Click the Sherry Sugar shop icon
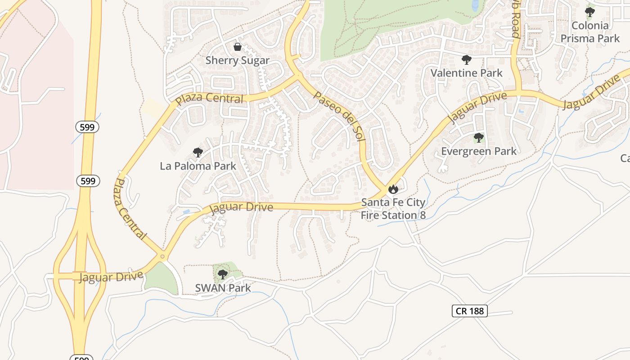pyautogui.click(x=238, y=47)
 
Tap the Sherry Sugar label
pyautogui.click(x=238, y=60)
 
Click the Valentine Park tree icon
pyautogui.click(x=467, y=59)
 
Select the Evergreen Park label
pyautogui.click(x=479, y=151)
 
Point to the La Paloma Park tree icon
pyautogui.click(x=198, y=153)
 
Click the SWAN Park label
pyautogui.click(x=223, y=288)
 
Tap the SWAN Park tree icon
pyautogui.click(x=222, y=274)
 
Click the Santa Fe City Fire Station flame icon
pyautogui.click(x=393, y=189)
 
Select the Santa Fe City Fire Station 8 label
pyautogui.click(x=393, y=209)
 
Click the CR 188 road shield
pyautogui.click(x=469, y=310)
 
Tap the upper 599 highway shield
pyautogui.click(x=87, y=127)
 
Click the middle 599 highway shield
pyautogui.click(x=88, y=181)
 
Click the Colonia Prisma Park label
pyautogui.click(x=590, y=32)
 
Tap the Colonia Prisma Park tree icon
pyautogui.click(x=589, y=12)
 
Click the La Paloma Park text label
pyautogui.click(x=198, y=166)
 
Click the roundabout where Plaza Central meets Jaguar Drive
pyautogui.click(x=162, y=256)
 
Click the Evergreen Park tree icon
pyautogui.click(x=479, y=137)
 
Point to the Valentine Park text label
pyautogui.click(x=466, y=73)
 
